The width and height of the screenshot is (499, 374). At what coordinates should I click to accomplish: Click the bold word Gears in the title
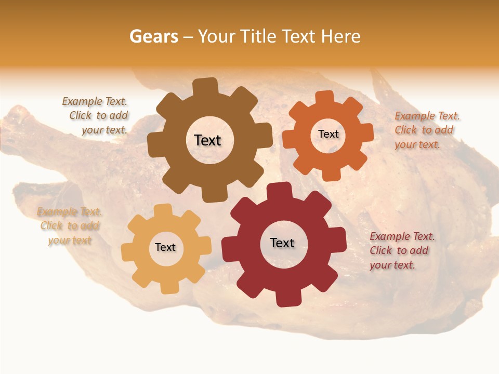(x=153, y=36)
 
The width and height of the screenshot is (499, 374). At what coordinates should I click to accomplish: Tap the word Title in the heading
(x=258, y=36)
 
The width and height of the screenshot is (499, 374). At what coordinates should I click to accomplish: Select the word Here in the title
(x=340, y=36)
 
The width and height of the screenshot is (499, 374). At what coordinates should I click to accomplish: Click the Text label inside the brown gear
(x=207, y=140)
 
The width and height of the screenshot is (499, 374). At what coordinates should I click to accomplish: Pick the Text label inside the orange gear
(x=328, y=134)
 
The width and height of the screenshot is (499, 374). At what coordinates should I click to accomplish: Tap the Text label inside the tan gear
(x=165, y=247)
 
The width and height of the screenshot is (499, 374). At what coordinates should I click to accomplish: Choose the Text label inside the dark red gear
(x=282, y=243)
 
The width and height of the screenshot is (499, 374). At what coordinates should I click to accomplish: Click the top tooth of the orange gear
(x=324, y=98)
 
